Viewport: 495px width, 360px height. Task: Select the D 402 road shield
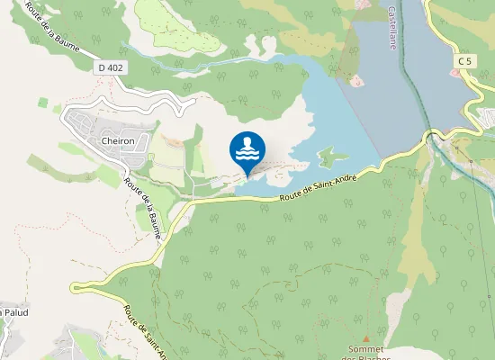click(111, 67)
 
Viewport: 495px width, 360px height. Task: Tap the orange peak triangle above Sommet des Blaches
click(365, 337)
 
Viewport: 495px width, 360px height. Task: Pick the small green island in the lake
click(331, 157)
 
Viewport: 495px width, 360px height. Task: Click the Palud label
click(16, 312)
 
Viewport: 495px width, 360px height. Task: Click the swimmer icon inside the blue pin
click(247, 147)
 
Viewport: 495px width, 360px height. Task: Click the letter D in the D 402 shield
click(103, 67)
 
